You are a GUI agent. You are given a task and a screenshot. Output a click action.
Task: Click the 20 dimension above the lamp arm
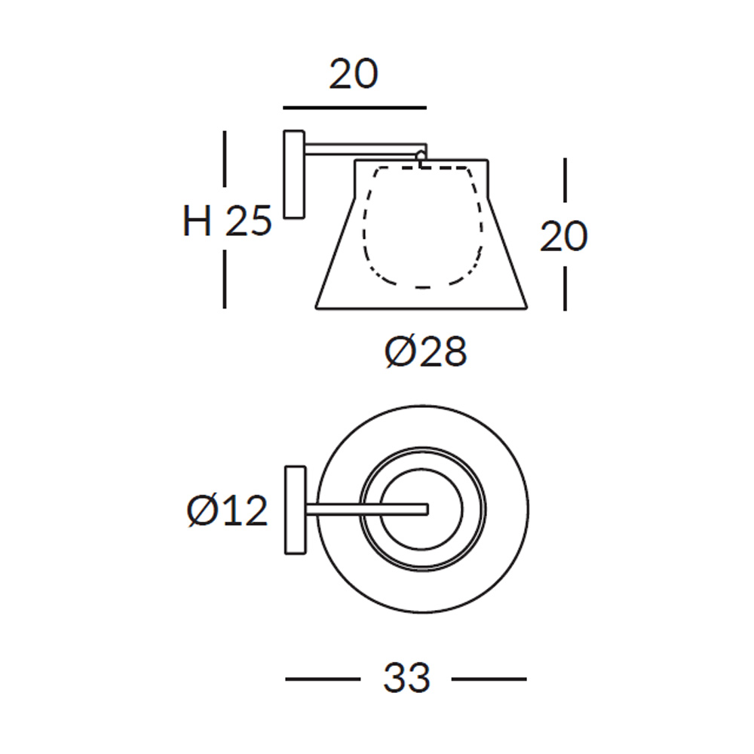click(354, 74)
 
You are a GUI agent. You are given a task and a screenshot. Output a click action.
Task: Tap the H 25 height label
click(227, 221)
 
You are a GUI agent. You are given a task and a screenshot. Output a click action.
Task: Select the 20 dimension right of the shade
click(563, 236)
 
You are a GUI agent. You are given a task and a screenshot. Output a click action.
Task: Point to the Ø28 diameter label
click(425, 351)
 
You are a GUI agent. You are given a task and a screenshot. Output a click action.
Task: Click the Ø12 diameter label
click(227, 510)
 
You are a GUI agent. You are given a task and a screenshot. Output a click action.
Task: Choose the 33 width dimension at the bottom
click(406, 678)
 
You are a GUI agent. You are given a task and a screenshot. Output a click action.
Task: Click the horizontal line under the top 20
click(354, 108)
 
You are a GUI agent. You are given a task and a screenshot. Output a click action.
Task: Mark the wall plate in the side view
click(294, 175)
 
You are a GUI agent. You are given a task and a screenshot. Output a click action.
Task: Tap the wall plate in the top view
click(296, 510)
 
